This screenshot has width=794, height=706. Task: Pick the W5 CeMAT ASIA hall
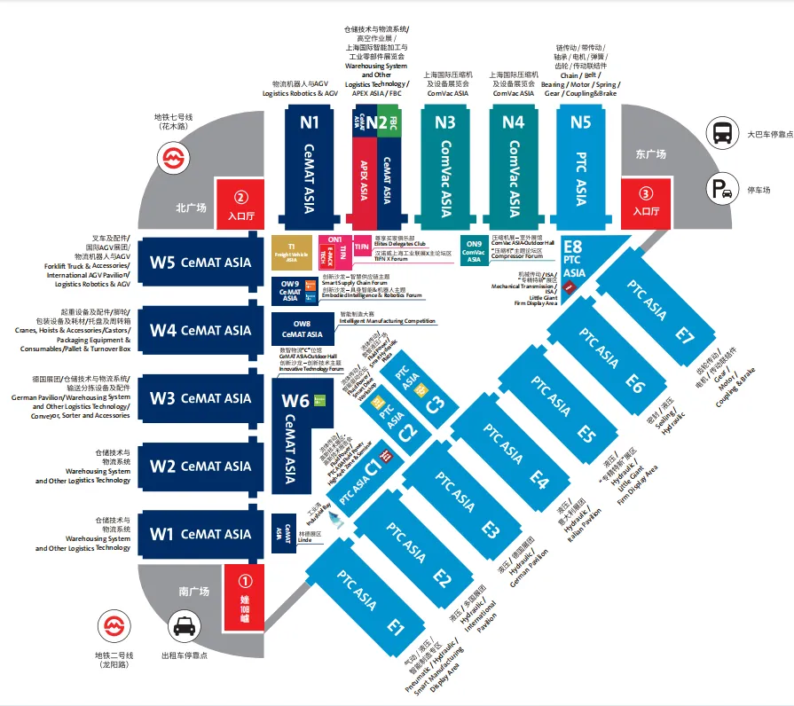[201, 262]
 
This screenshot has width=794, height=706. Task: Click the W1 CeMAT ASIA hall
[201, 534]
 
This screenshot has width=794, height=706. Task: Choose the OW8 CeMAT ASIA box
[302, 330]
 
